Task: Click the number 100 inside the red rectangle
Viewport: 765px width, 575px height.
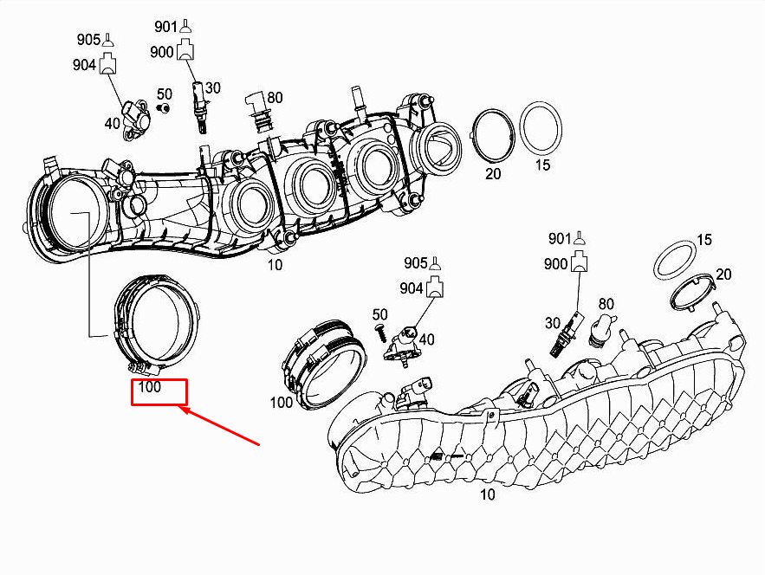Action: point(150,388)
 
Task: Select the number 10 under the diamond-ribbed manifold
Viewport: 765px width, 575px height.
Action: point(488,495)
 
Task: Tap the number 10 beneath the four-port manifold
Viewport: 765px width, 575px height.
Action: point(275,265)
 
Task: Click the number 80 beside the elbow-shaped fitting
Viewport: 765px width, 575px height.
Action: point(274,98)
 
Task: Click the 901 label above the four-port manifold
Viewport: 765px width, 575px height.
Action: point(166,26)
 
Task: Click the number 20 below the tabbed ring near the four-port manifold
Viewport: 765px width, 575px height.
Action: point(492,174)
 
